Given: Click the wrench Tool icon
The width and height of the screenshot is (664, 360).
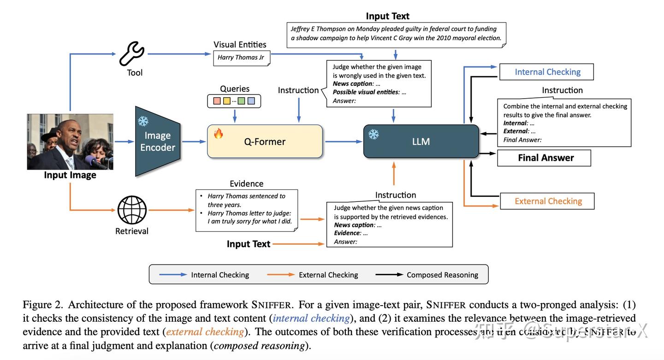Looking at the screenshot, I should (132, 54).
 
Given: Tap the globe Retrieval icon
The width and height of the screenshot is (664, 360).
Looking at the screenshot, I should (132, 210).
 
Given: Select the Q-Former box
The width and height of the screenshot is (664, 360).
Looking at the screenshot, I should (265, 142).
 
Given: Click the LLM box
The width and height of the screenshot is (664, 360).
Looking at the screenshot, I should (421, 142).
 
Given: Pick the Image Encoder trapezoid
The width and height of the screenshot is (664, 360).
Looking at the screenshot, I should (157, 141).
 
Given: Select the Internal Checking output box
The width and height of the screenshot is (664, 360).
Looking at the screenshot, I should (547, 72).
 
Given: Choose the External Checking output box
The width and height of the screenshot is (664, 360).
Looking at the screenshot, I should (547, 201).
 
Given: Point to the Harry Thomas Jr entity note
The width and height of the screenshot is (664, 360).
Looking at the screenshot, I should (241, 58).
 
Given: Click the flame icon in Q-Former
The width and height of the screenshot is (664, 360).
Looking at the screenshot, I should (218, 134).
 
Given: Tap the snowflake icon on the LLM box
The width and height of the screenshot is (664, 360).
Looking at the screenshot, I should (373, 134).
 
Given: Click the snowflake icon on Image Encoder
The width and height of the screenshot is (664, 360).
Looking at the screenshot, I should (143, 121).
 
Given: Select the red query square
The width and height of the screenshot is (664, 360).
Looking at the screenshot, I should (217, 101).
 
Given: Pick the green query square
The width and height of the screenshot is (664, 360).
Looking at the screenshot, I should (241, 101).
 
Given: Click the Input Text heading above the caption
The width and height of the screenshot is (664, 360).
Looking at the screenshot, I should (387, 16).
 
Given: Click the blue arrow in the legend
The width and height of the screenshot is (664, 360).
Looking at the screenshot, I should (172, 275).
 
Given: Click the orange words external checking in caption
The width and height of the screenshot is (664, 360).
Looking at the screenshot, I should (205, 332).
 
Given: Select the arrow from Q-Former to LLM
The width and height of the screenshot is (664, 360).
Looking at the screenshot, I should (343, 142).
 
